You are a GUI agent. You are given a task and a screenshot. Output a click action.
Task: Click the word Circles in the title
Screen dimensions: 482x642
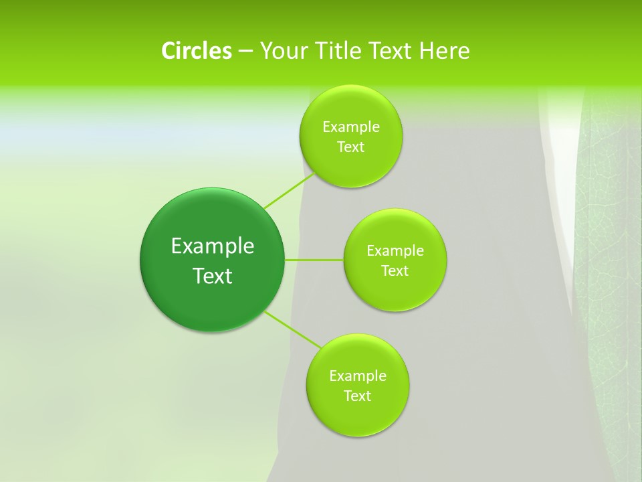[196, 51]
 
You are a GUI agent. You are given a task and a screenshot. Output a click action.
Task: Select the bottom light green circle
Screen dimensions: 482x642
[357, 415]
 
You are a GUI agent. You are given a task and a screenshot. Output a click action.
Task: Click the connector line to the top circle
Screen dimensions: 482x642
[289, 191]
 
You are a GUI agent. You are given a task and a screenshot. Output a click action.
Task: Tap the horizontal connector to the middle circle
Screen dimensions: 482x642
[314, 260]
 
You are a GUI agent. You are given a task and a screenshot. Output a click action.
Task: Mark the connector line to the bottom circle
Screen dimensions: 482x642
[293, 329]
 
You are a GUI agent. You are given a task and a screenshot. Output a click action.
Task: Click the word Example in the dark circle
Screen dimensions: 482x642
[213, 246]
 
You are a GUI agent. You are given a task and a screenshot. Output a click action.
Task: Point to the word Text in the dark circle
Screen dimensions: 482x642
[213, 276]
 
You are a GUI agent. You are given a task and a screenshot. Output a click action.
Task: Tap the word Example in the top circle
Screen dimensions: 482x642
[351, 127]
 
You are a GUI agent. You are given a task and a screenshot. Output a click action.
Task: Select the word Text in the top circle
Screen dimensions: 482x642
[350, 147]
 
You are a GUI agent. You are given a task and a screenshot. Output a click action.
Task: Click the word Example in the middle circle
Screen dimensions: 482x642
[395, 251]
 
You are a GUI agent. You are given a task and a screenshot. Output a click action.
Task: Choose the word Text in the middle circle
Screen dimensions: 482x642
[395, 271]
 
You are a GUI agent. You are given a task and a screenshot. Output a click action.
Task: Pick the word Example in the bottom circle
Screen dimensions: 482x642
[358, 376]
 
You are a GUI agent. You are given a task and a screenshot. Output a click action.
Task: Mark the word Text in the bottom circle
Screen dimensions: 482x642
[357, 396]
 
